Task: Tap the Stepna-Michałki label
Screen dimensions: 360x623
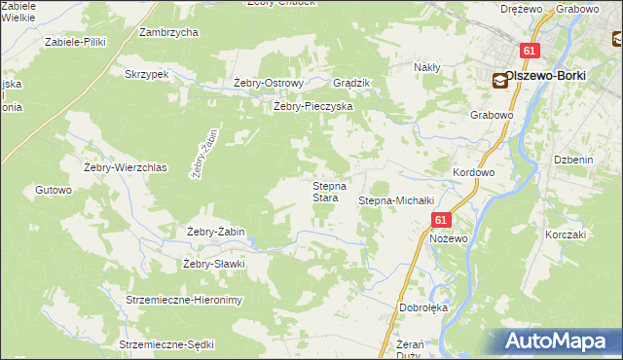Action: (395, 200)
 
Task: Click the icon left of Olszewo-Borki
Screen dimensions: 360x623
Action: (499, 82)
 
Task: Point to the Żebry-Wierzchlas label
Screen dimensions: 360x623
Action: (127, 167)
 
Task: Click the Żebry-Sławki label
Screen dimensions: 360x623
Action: (212, 264)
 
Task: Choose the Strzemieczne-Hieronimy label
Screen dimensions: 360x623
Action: (184, 300)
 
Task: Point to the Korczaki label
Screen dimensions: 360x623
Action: (565, 234)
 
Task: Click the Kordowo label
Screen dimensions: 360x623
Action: (474, 172)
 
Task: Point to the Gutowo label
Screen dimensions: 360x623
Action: (54, 190)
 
